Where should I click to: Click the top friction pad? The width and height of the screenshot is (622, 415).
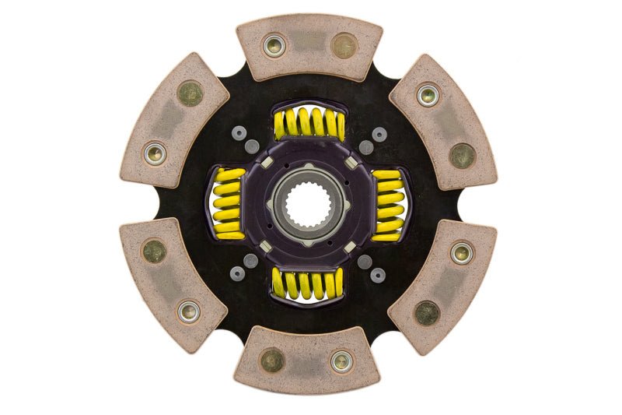[x=309, y=46]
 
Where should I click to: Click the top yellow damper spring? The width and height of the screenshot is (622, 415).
[x=309, y=124]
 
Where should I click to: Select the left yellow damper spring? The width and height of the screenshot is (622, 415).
[x=229, y=204]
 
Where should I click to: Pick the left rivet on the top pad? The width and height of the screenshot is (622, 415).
[x=274, y=45]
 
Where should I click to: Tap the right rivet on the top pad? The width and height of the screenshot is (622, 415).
[x=343, y=45]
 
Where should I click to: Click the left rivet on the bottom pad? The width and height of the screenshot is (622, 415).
[x=272, y=360]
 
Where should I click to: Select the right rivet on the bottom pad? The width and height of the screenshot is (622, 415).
[x=341, y=360]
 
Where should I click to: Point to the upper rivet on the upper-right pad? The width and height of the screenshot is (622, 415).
[x=428, y=95]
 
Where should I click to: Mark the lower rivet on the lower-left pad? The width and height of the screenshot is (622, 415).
[x=188, y=311]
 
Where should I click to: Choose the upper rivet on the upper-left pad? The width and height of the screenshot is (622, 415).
[x=189, y=94]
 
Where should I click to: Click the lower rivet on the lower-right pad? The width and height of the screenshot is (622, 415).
[x=427, y=313]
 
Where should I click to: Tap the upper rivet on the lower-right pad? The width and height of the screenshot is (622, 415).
[x=462, y=251]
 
